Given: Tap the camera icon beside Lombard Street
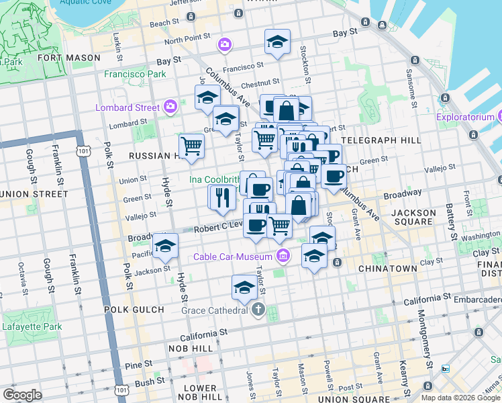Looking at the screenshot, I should (x=170, y=107).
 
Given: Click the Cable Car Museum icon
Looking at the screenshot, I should (x=283, y=256).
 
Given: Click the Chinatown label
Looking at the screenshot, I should (x=388, y=269).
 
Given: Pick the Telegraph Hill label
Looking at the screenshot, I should (x=381, y=140).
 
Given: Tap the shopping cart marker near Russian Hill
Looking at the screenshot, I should (x=192, y=145).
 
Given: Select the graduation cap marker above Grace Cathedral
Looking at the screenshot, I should (x=244, y=287).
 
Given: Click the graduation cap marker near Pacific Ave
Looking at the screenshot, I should (x=164, y=246).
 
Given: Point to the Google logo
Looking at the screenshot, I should (x=22, y=395).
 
